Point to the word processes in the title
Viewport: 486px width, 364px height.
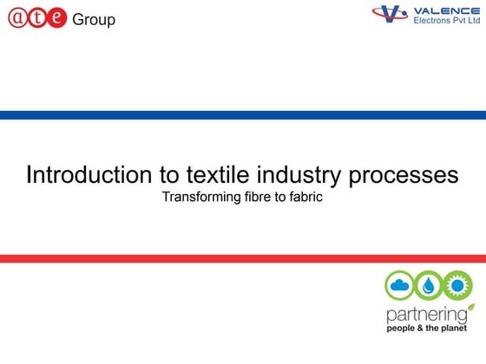[404, 175]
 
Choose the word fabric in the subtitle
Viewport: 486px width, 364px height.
[305, 198]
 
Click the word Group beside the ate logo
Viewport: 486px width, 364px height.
[94, 19]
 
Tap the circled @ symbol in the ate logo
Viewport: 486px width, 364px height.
[18, 17]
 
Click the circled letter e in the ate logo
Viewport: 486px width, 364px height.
[57, 17]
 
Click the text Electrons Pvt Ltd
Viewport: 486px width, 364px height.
[446, 19]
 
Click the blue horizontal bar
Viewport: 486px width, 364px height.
[243, 115]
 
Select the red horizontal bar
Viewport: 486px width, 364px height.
[243, 258]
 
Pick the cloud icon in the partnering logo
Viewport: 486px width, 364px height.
[401, 285]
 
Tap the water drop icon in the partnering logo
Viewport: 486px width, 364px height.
[430, 285]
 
